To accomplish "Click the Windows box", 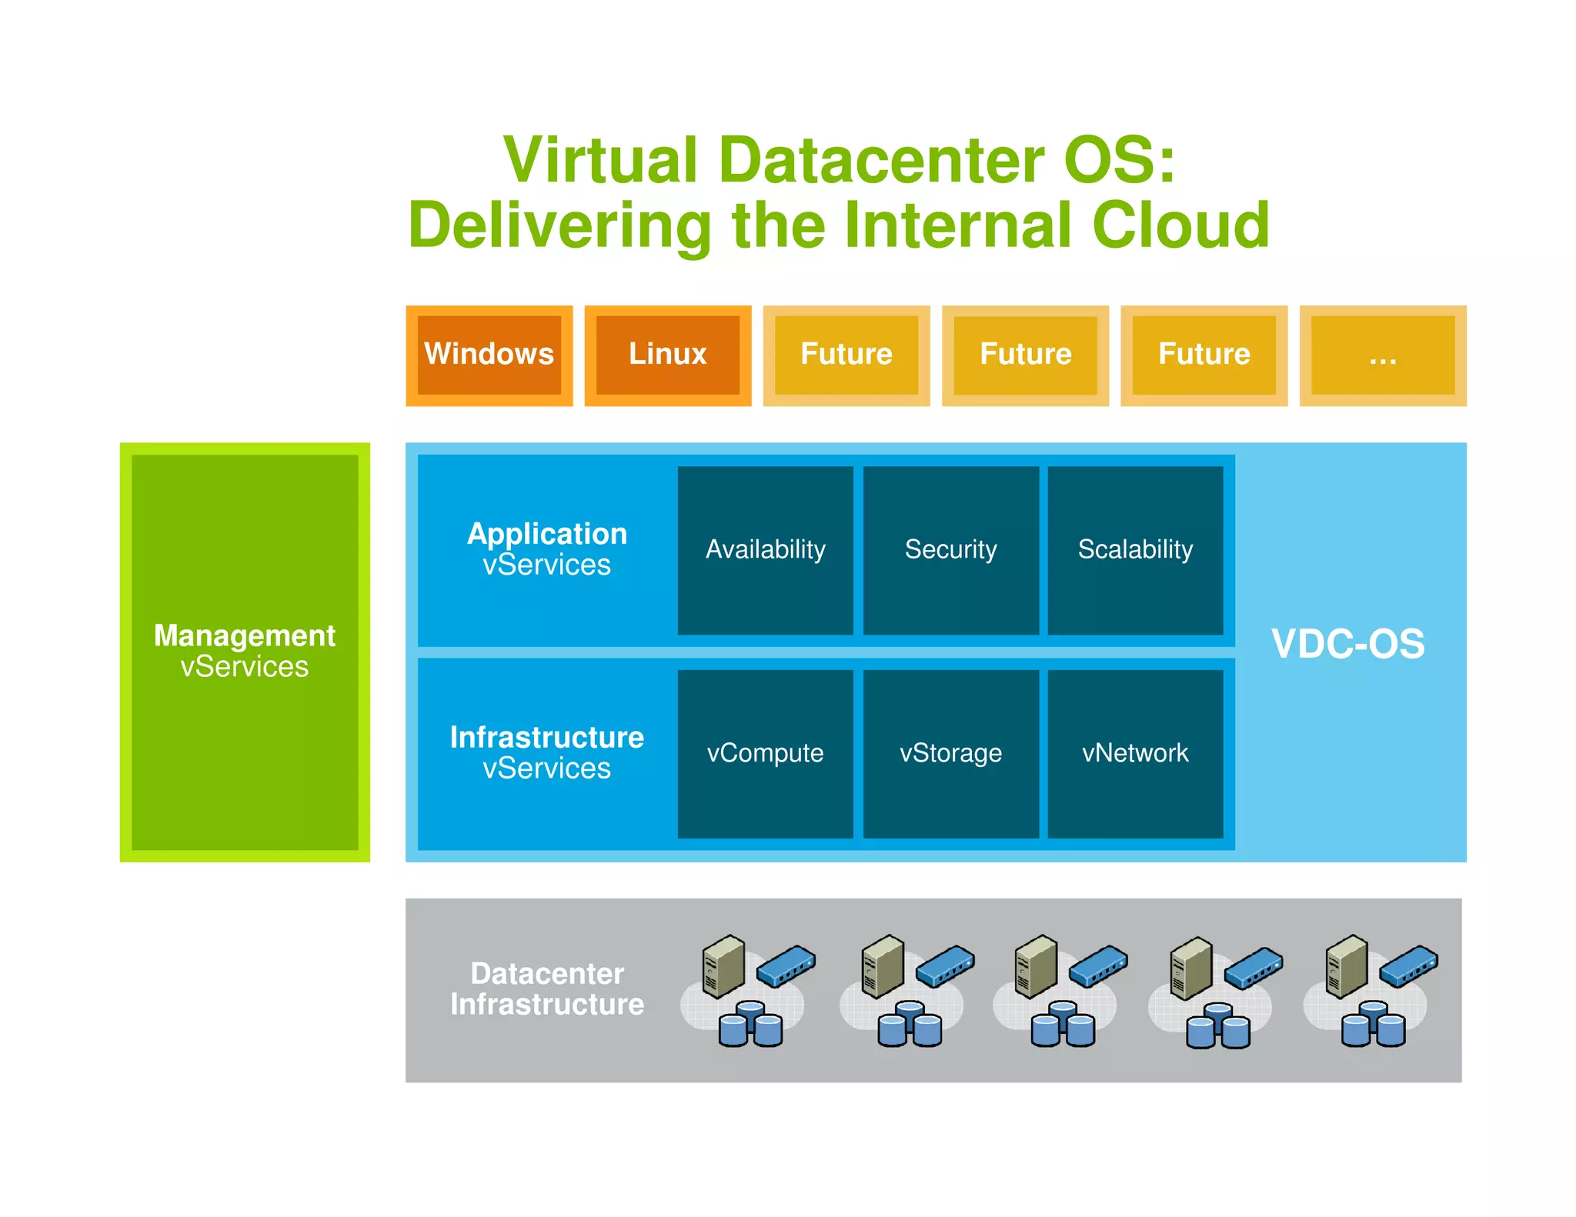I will tap(489, 355).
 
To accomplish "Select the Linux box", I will tap(667, 355).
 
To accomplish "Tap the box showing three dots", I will tap(1382, 355).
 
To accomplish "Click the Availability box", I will tap(765, 550).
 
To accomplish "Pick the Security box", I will tap(950, 550).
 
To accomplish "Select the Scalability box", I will tap(1135, 550).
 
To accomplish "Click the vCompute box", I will tap(765, 753).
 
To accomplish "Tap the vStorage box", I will tap(950, 753).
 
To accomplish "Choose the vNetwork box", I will tap(1135, 753).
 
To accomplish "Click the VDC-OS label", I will tap(1347, 644).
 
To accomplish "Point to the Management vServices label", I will tap(245, 651).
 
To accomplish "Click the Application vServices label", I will tap(546, 548).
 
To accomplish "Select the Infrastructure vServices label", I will tap(546, 752).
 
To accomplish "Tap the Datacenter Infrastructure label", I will tap(546, 989).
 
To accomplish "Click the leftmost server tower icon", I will tap(723, 965).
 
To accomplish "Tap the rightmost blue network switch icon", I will tap(1408, 966).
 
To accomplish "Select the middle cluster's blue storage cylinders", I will tap(1063, 1025).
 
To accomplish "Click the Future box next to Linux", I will tap(846, 355).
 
